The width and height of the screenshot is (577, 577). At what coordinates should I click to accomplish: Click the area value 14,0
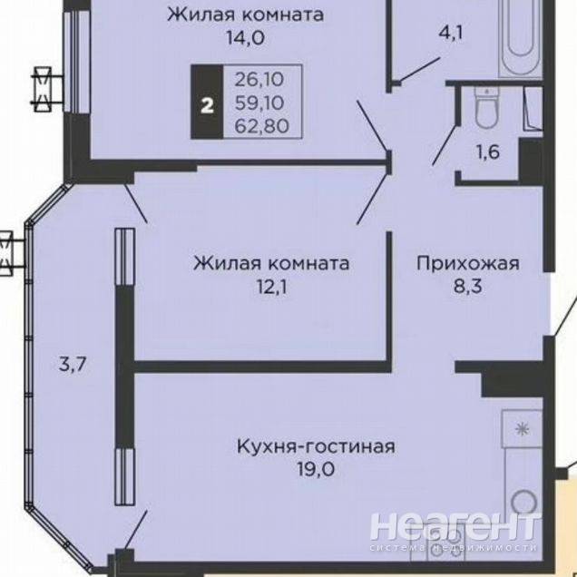pyautogui.click(x=246, y=38)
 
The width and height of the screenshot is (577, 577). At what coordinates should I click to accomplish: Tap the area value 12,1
pyautogui.click(x=272, y=287)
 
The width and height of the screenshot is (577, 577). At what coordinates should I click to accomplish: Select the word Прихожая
pyautogui.click(x=468, y=264)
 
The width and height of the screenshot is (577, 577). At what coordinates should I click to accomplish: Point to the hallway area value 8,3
pyautogui.click(x=467, y=286)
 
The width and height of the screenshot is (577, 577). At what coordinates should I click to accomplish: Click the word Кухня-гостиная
pyautogui.click(x=316, y=446)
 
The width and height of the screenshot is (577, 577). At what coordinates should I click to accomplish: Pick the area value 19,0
pyautogui.click(x=316, y=470)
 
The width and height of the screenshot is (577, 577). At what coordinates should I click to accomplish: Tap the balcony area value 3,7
pyautogui.click(x=73, y=365)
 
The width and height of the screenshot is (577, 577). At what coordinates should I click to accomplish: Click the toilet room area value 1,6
pyautogui.click(x=488, y=152)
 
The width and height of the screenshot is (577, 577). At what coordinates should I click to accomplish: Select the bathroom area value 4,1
pyautogui.click(x=451, y=34)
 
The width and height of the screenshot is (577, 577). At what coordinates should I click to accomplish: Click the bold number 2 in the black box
pyautogui.click(x=207, y=106)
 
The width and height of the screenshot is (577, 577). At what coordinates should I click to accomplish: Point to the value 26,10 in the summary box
pyautogui.click(x=259, y=79)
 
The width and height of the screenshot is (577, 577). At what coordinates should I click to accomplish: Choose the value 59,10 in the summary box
pyautogui.click(x=259, y=103)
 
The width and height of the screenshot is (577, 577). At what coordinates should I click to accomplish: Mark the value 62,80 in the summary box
pyautogui.click(x=262, y=126)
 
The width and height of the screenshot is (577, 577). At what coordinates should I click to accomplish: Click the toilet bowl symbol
pyautogui.click(x=487, y=107)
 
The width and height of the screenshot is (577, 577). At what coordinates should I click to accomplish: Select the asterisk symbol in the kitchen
pyautogui.click(x=522, y=429)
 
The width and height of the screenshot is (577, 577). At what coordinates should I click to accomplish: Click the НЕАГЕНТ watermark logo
pyautogui.click(x=453, y=531)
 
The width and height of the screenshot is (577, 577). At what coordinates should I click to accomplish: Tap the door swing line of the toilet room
pyautogui.click(x=445, y=144)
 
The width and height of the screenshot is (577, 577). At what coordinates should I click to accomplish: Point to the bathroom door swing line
pyautogui.click(x=417, y=70)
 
